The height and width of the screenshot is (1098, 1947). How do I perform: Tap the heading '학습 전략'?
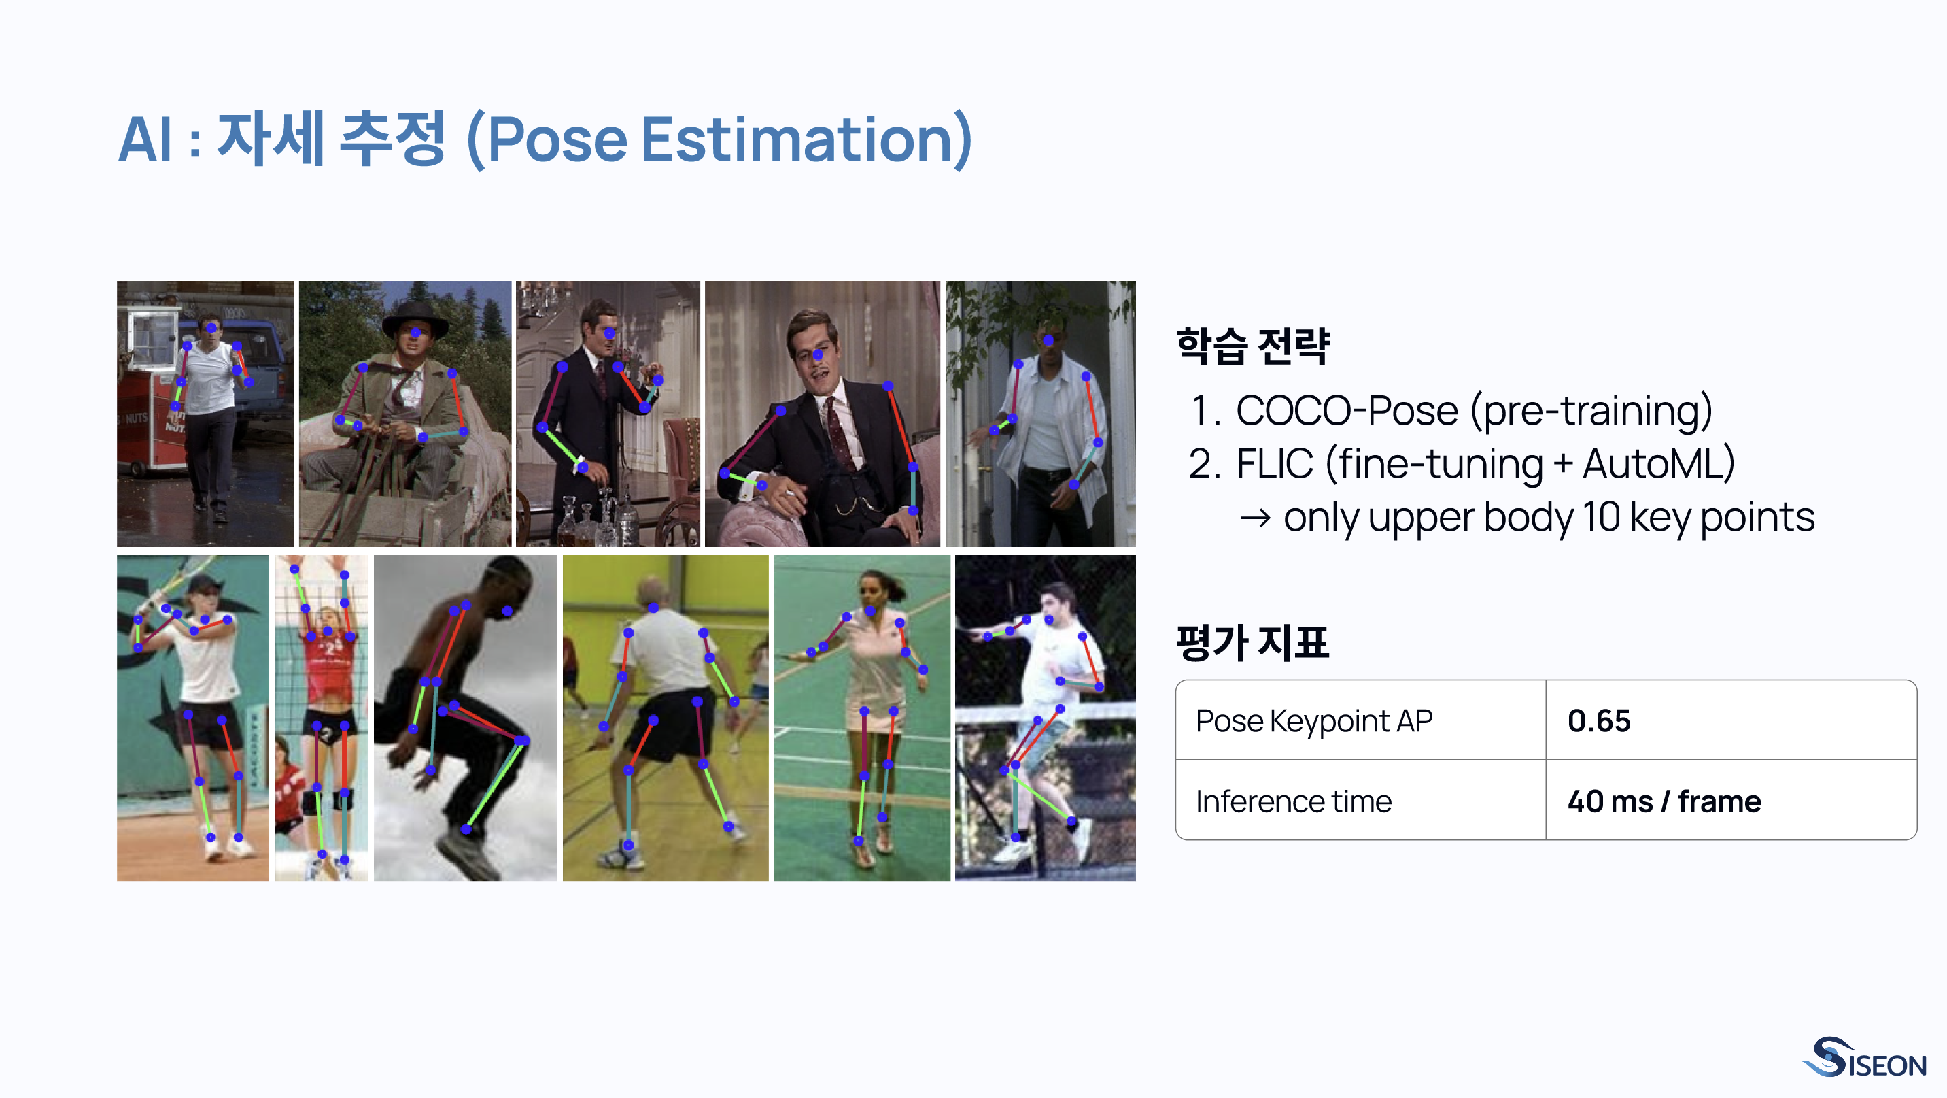pos(1252,346)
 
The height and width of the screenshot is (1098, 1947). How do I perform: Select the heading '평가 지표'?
pos(1252,643)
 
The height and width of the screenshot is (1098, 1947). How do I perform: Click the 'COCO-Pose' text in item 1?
pos(1346,412)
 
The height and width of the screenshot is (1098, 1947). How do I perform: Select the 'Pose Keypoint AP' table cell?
pos(1313,720)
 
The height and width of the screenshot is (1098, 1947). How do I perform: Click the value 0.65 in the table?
pos(1598,720)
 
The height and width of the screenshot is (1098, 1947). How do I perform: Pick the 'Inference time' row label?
pos(1293,801)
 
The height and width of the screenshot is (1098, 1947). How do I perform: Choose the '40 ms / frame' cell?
pos(1664,801)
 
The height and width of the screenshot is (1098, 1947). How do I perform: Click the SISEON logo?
pos(1865,1058)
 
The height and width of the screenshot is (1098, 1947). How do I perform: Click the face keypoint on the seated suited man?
pos(817,354)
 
